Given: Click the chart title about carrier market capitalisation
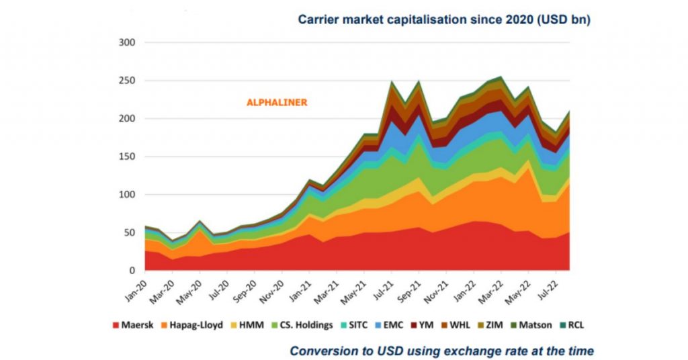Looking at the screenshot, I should click(x=444, y=20).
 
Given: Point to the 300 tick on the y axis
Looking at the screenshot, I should click(x=127, y=42).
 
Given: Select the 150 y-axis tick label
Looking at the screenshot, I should click(x=127, y=156).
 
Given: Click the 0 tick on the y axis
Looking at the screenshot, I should click(x=132, y=271).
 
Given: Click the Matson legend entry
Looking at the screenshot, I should click(x=552, y=325).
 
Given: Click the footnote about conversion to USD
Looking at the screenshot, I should click(x=441, y=351).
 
